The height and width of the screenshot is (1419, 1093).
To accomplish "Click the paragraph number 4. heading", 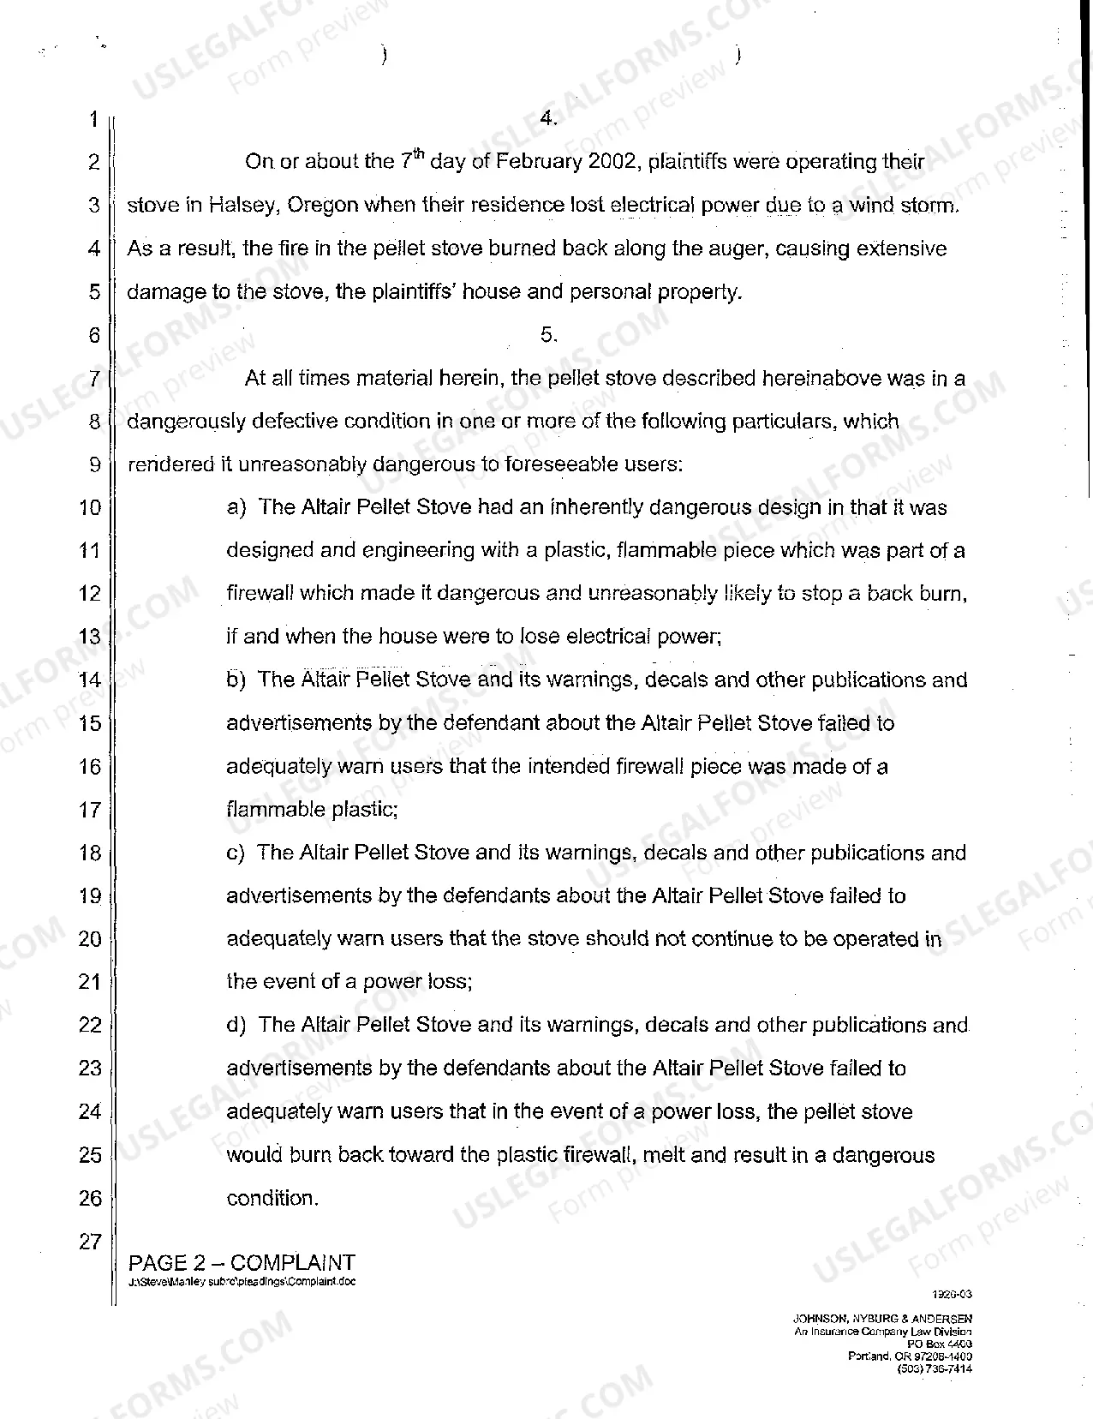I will (x=549, y=119).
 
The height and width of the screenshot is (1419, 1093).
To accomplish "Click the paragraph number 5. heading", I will (x=549, y=335).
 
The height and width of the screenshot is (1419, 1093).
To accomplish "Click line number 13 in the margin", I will (x=90, y=638).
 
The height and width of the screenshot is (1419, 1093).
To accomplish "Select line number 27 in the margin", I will (x=90, y=1242).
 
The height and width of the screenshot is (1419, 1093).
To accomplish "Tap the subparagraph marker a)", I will (x=236, y=508).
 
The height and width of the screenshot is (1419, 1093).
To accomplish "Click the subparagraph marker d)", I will (x=236, y=1026).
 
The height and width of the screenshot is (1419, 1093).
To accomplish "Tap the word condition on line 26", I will (x=271, y=1199).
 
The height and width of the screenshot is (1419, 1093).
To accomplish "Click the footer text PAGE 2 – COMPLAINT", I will (x=241, y=1263).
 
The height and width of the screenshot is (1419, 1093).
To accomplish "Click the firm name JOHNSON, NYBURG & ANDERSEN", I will (x=882, y=1320).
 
